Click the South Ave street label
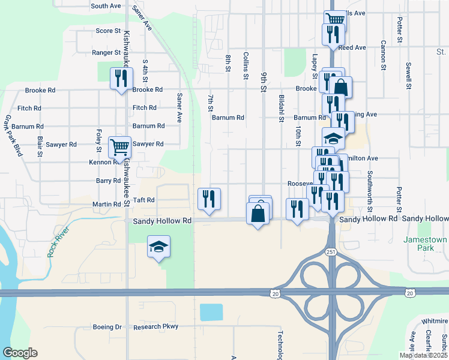click(x=106, y=6)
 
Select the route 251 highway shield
click(x=331, y=253)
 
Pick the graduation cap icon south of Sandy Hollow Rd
click(x=158, y=247)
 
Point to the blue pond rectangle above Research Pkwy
click(x=211, y=312)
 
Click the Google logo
click(x=20, y=353)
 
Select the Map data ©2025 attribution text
click(x=423, y=355)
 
